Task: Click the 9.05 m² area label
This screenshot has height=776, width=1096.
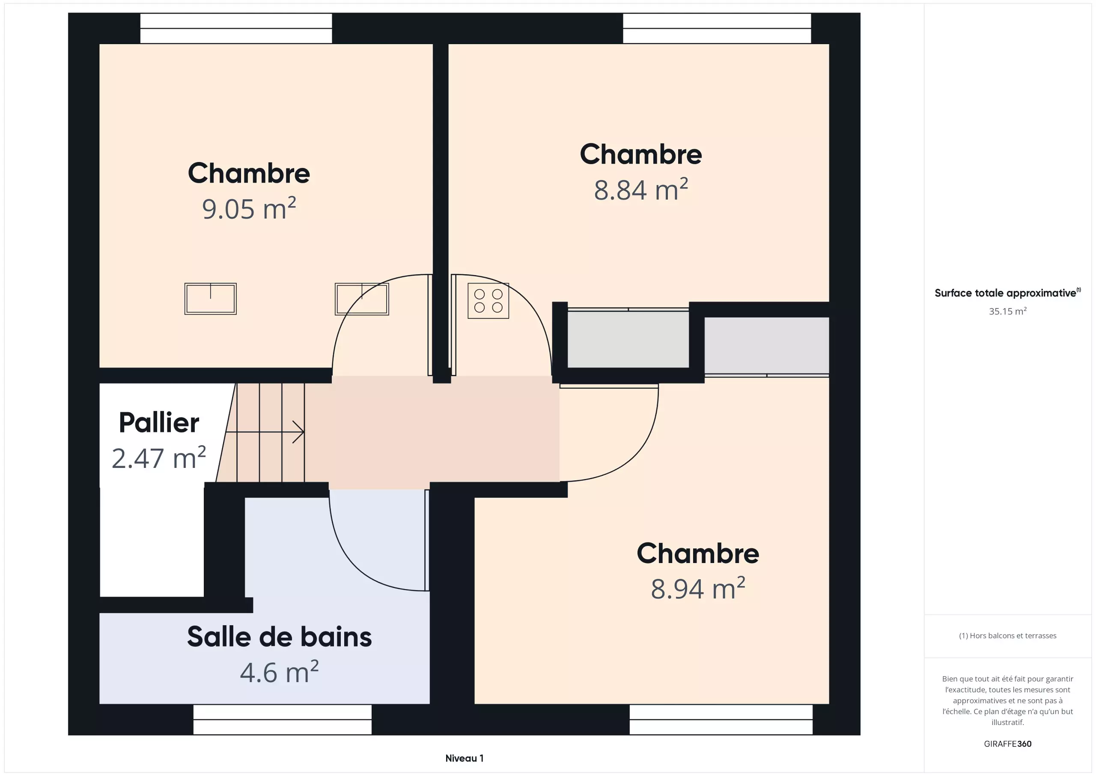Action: pos(249,208)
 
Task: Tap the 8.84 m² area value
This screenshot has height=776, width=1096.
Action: pos(640,189)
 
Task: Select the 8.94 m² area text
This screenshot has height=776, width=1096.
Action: pos(698,588)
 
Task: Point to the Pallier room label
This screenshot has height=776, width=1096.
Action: pos(159,422)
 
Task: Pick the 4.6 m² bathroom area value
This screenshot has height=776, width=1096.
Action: pos(279,672)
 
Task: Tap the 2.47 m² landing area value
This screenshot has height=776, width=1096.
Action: pos(159,458)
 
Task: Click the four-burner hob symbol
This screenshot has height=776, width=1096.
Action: pos(488,300)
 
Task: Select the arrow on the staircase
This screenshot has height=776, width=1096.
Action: pos(265,432)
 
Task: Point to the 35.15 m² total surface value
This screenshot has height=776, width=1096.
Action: pos(1007,311)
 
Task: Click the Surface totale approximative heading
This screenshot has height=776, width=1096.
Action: pos(1007,292)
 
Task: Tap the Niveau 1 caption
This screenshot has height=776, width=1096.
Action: pos(464,758)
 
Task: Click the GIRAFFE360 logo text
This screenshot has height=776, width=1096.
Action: pos(1007,743)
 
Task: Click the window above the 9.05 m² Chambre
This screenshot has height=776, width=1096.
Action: pos(236,28)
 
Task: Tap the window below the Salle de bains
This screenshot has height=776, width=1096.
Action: pos(282,719)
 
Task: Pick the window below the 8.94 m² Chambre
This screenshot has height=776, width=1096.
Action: pos(721,719)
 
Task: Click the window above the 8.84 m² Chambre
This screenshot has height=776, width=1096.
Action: pos(717,28)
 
